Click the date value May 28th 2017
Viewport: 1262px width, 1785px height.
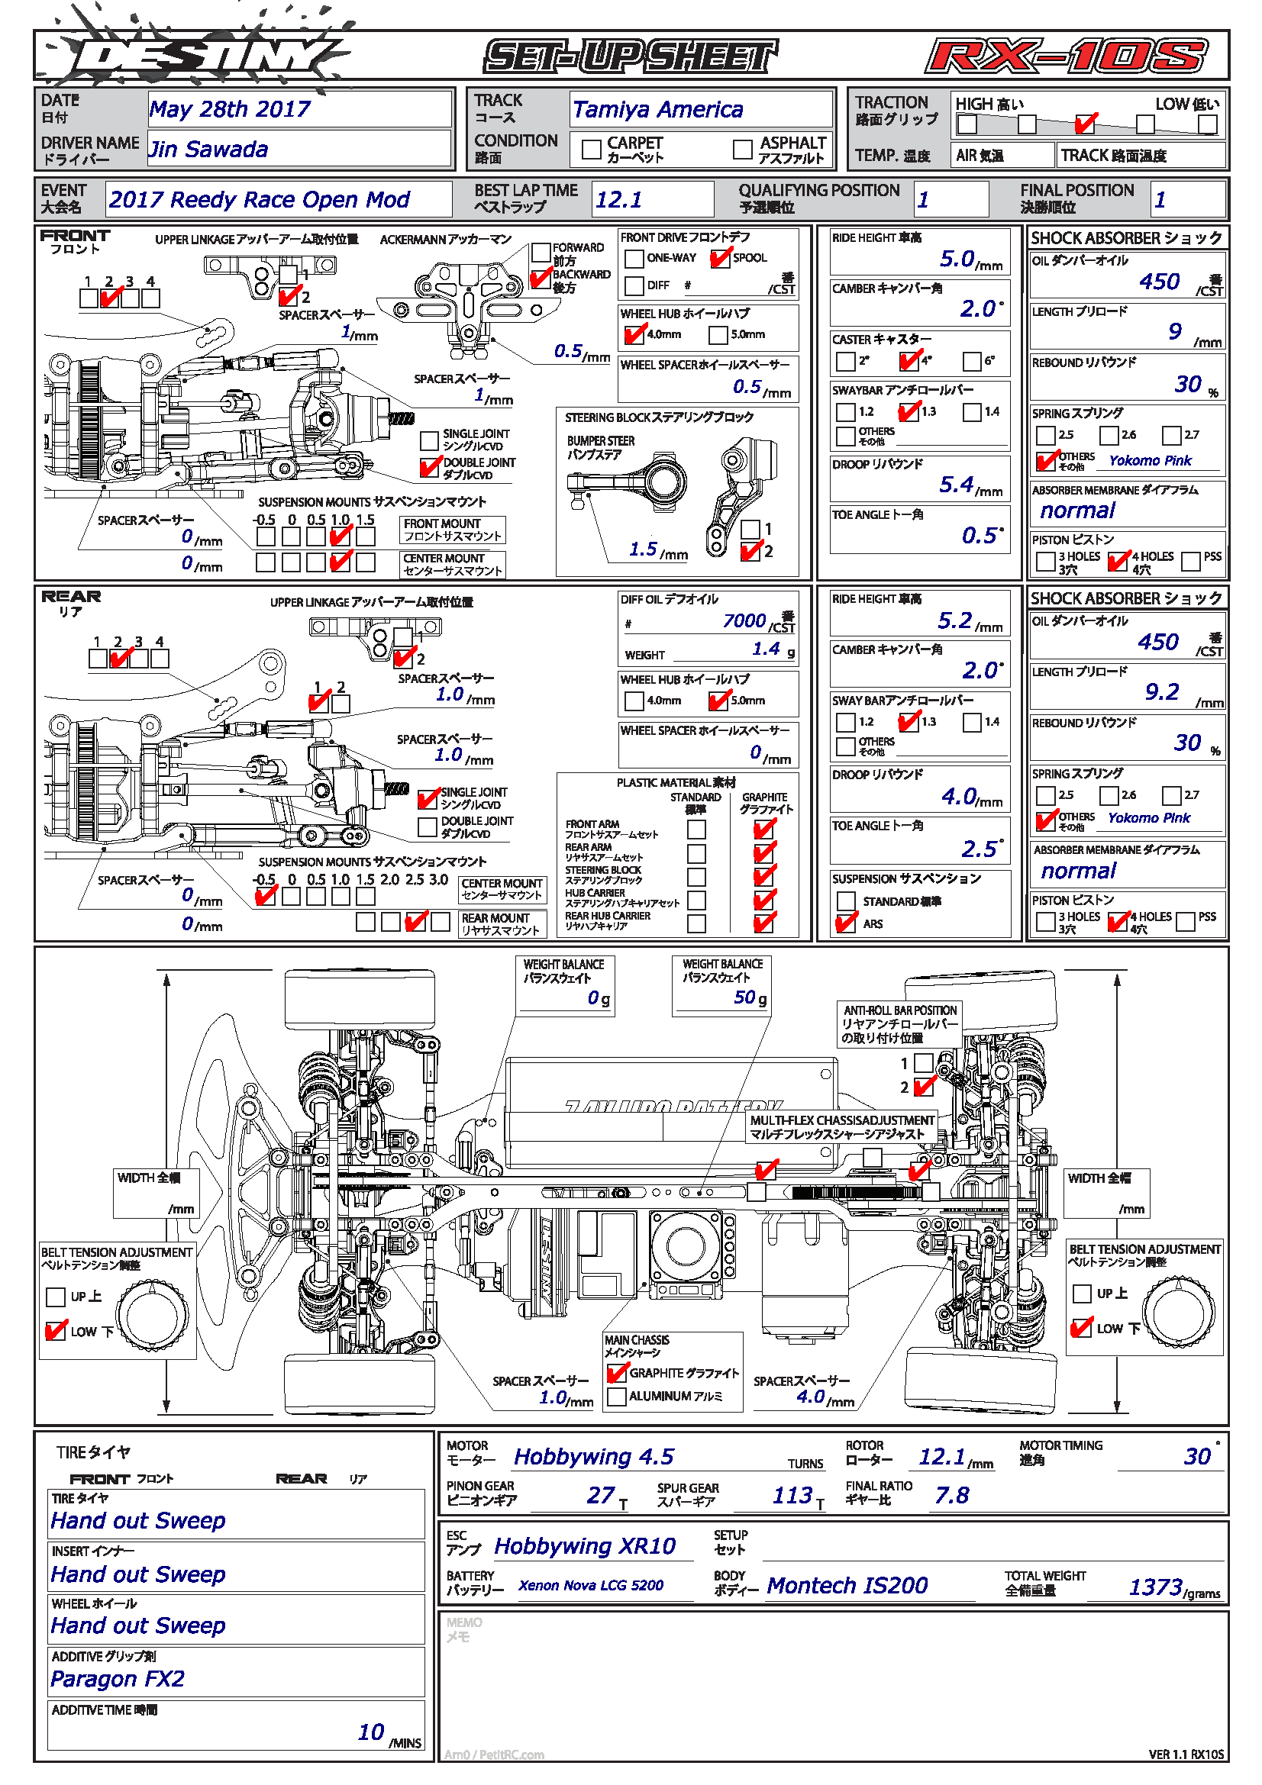pos(229,109)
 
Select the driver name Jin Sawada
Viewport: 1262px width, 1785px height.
pos(208,150)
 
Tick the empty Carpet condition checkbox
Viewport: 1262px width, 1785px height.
pos(591,149)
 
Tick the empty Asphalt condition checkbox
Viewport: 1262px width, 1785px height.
pos(743,149)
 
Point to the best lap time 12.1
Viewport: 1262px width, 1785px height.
pos(619,200)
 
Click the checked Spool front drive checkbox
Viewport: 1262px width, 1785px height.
pos(720,258)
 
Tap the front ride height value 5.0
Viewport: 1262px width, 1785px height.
pos(957,259)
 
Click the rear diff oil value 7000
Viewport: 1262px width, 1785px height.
pos(744,620)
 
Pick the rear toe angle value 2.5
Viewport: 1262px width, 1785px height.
pos(979,849)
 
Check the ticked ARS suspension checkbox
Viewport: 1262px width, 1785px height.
pos(845,923)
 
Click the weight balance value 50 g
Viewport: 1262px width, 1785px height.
pos(744,997)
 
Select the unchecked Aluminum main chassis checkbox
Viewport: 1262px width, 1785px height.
pos(617,1397)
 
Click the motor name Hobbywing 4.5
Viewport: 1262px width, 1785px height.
pos(593,1457)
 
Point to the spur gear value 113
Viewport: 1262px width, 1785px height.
pos(792,1495)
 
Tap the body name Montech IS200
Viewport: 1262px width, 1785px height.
pos(847,1585)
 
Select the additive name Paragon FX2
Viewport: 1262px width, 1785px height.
pos(118,1678)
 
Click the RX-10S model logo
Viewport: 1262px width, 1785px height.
pos(1066,56)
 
